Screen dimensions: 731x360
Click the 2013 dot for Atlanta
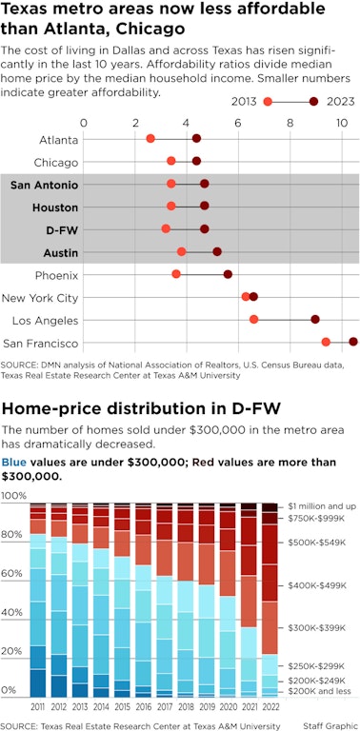[x=150, y=139]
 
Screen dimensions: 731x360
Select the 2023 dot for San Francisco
[x=353, y=342]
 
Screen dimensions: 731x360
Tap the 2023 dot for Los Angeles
[x=315, y=320]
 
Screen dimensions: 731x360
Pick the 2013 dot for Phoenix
[x=176, y=274]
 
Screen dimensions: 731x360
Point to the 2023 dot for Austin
[x=217, y=251]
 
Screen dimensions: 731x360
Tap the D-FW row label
[x=62, y=229]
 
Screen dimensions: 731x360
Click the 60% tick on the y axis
[x=14, y=573]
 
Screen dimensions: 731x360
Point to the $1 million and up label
[x=321, y=504]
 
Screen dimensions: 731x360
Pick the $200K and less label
[x=321, y=691]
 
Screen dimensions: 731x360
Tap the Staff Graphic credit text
[x=329, y=725]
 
